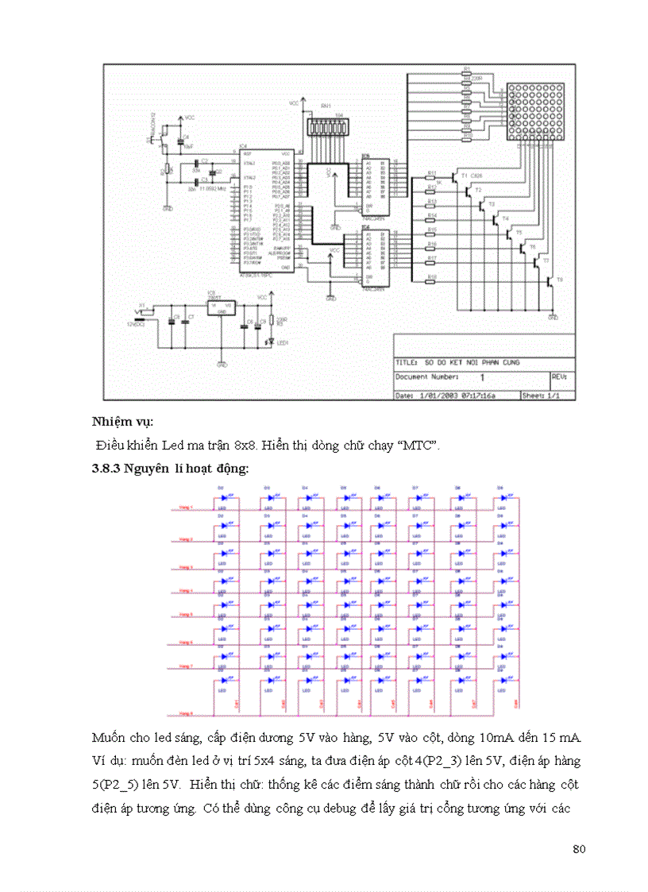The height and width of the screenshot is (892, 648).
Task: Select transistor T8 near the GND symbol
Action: [550, 281]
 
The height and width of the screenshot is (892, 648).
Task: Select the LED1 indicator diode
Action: [271, 342]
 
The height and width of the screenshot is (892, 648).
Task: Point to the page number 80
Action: [578, 849]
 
